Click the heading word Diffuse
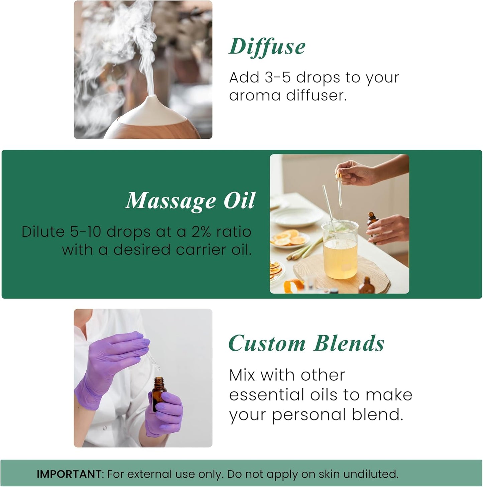coord(267,46)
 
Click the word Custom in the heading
coord(267,344)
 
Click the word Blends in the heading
coord(349,344)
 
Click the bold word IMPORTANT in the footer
coord(69,474)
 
